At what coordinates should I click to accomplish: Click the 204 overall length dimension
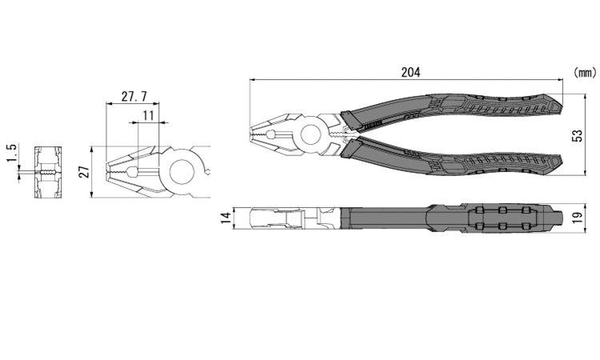tap(410, 72)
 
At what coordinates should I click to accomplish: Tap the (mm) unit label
tap(585, 72)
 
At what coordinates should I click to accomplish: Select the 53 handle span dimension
tap(578, 136)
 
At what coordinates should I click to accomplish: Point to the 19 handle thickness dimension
tap(578, 218)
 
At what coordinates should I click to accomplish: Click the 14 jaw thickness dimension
tap(227, 218)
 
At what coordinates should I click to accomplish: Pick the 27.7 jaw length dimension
tap(134, 97)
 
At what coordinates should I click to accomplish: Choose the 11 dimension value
tap(148, 115)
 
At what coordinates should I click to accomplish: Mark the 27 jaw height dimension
tap(86, 172)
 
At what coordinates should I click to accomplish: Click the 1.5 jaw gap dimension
tap(12, 153)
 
